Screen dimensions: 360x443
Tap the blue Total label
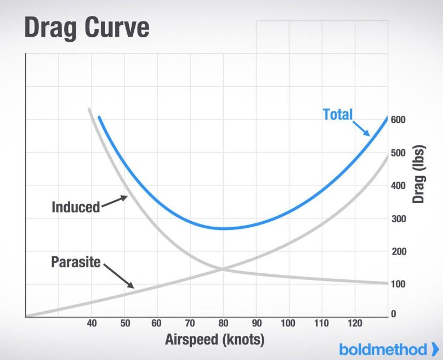[x=337, y=115]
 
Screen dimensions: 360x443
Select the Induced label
[x=76, y=207]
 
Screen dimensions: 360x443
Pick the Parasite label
[x=76, y=262]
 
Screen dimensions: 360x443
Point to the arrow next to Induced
[x=114, y=202]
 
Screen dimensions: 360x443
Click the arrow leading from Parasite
[x=118, y=276]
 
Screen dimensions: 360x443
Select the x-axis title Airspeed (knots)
[x=214, y=340]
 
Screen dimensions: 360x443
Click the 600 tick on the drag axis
[x=399, y=120]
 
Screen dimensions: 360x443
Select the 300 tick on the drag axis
[x=399, y=219]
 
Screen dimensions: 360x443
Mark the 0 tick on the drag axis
[x=393, y=314]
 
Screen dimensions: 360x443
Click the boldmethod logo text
[x=382, y=349]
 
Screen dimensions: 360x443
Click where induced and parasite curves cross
[x=223, y=268]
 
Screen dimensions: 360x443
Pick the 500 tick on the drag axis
[x=399, y=153]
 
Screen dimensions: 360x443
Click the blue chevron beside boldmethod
[x=435, y=348]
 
